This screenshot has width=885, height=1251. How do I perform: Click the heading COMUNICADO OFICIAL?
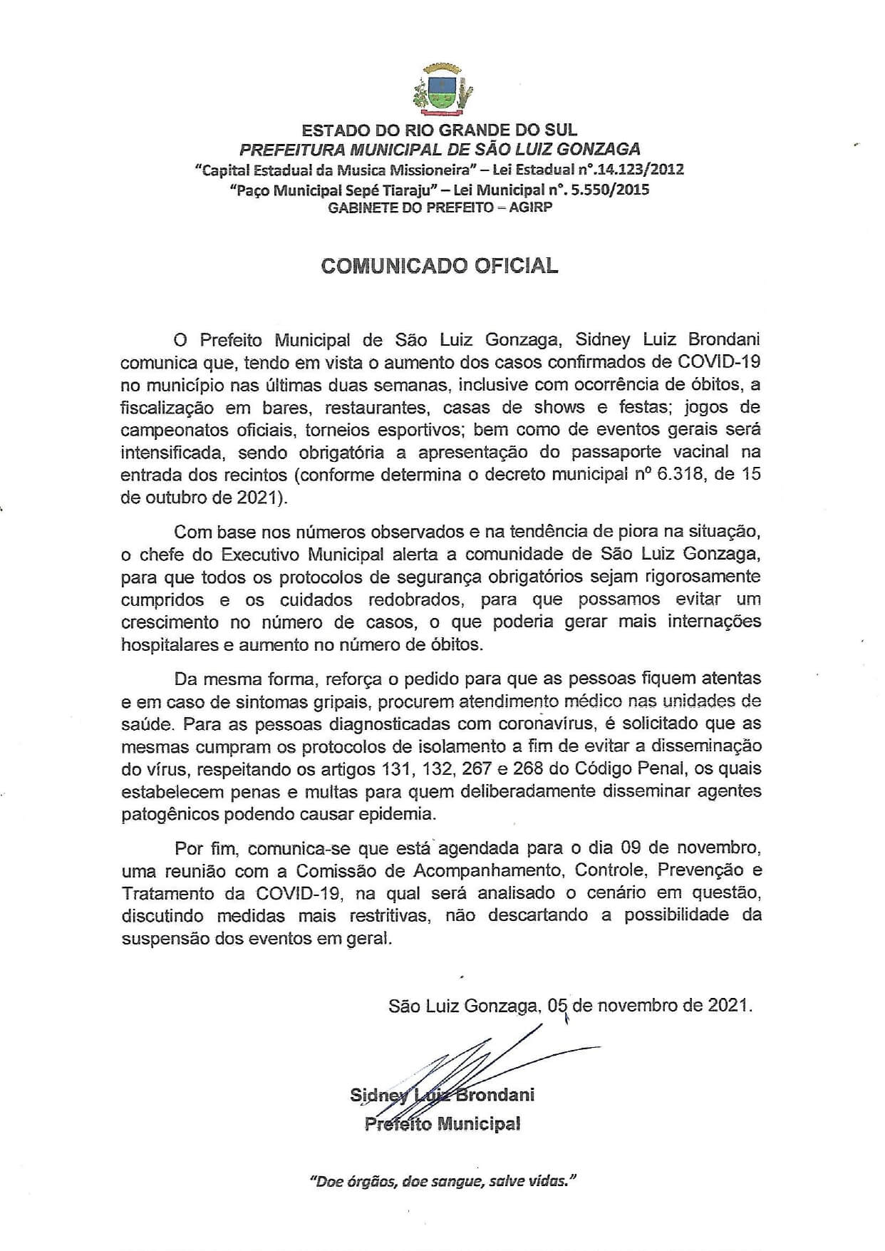[x=440, y=265]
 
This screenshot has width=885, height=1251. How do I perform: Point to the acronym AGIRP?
[x=530, y=208]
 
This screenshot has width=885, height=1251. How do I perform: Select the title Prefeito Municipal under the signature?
[x=442, y=1124]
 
